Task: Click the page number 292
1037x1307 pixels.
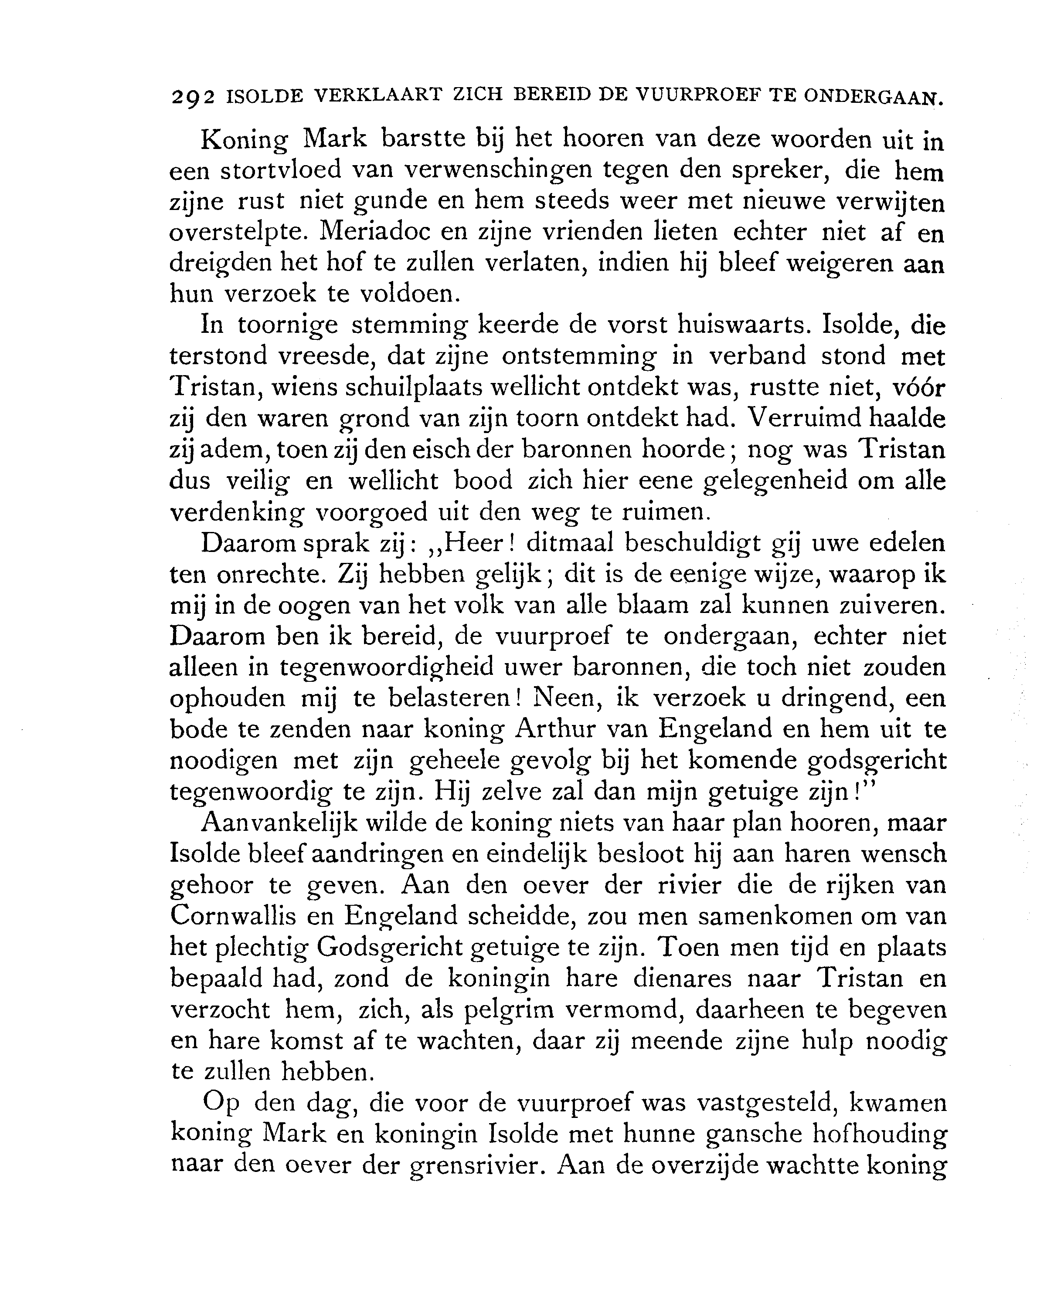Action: click(193, 98)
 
